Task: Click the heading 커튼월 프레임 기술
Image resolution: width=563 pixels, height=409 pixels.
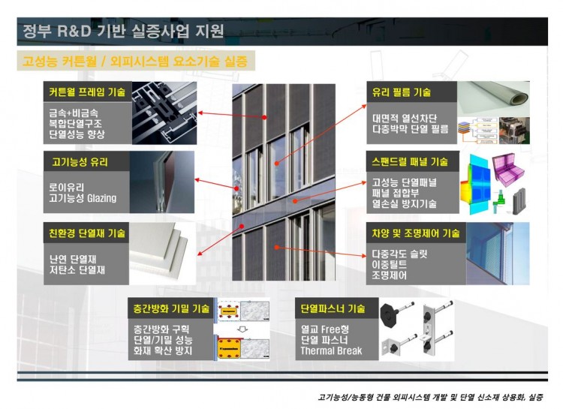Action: pyautogui.click(x=87, y=92)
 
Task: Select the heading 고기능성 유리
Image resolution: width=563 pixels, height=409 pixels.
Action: pyautogui.click(x=80, y=162)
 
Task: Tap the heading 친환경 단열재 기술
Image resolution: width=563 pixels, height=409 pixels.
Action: pyautogui.click(x=87, y=233)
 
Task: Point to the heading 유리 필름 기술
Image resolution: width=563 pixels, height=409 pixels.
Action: pyautogui.click(x=401, y=92)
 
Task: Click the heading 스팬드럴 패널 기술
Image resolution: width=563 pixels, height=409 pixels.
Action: pyautogui.click(x=410, y=162)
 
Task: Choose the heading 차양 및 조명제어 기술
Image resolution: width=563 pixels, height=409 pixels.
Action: pyautogui.click(x=416, y=233)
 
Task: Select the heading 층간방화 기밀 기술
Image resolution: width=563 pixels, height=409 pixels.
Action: pyautogui.click(x=171, y=308)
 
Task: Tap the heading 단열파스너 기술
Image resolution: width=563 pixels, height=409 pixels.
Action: pyautogui.click(x=333, y=308)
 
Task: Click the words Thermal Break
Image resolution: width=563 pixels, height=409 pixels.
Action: pyautogui.click(x=331, y=350)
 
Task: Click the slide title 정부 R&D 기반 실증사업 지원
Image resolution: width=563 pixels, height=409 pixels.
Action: pyautogui.click(x=123, y=32)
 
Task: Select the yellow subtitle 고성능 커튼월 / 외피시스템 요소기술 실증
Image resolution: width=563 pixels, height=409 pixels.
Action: pyautogui.click(x=135, y=61)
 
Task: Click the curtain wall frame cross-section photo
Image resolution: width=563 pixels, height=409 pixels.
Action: pyautogui.click(x=164, y=113)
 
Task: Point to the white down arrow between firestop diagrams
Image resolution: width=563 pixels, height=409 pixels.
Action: pyautogui.click(x=243, y=329)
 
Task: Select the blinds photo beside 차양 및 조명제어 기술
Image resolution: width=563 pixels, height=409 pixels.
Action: pyautogui.click(x=498, y=254)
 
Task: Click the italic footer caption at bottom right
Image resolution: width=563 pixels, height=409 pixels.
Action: pyautogui.click(x=430, y=397)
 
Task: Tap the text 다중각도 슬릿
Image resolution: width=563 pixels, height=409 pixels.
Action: pyautogui.click(x=399, y=254)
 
